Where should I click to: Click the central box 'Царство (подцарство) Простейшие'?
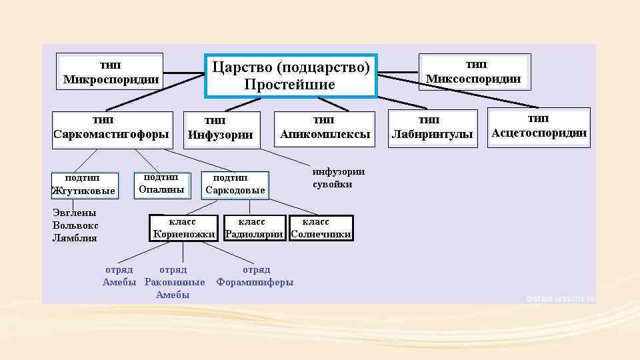pyautogui.click(x=291, y=75)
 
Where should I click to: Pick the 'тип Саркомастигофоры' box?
pyautogui.click(x=111, y=128)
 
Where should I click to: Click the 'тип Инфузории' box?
pyautogui.click(x=219, y=128)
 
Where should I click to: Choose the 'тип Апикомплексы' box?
pyautogui.click(x=325, y=128)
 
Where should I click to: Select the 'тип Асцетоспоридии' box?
pyautogui.click(x=539, y=127)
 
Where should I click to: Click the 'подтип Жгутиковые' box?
pyautogui.click(x=84, y=185)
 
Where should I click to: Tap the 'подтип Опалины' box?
pyautogui.click(x=161, y=184)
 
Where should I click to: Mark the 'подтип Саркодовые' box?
pyautogui.click(x=235, y=185)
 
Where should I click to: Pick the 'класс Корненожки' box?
pyautogui.click(x=183, y=228)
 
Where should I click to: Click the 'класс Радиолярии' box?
pyautogui.click(x=254, y=228)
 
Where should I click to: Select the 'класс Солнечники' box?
pyautogui.click(x=321, y=228)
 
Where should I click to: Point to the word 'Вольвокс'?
pyautogui.click(x=75, y=225)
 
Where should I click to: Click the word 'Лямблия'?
pyautogui.click(x=75, y=238)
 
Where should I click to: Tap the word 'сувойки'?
pyautogui.click(x=332, y=184)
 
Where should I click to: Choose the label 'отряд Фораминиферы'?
pyautogui.click(x=255, y=276)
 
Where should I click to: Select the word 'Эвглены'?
pyautogui.click(x=74, y=213)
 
